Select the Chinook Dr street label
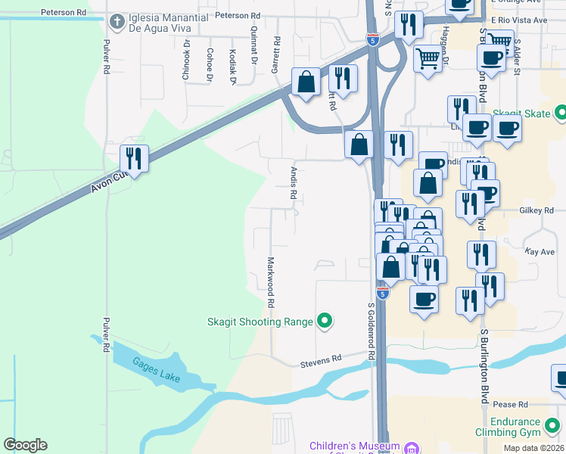pyautogui.click(x=185, y=66)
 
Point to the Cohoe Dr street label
pyautogui.click(x=209, y=66)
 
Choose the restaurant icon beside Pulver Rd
pyautogui.click(x=134, y=159)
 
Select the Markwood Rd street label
pyautogui.click(x=269, y=281)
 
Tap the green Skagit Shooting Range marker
pyautogui.click(x=325, y=322)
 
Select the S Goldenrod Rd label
pyautogui.click(x=372, y=331)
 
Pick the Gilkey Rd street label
pyautogui.click(x=536, y=210)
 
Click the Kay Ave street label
pyautogui.click(x=540, y=250)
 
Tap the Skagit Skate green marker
pyautogui.click(x=561, y=113)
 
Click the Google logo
pyautogui.click(x=25, y=445)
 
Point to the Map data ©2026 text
pyautogui.click(x=533, y=448)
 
